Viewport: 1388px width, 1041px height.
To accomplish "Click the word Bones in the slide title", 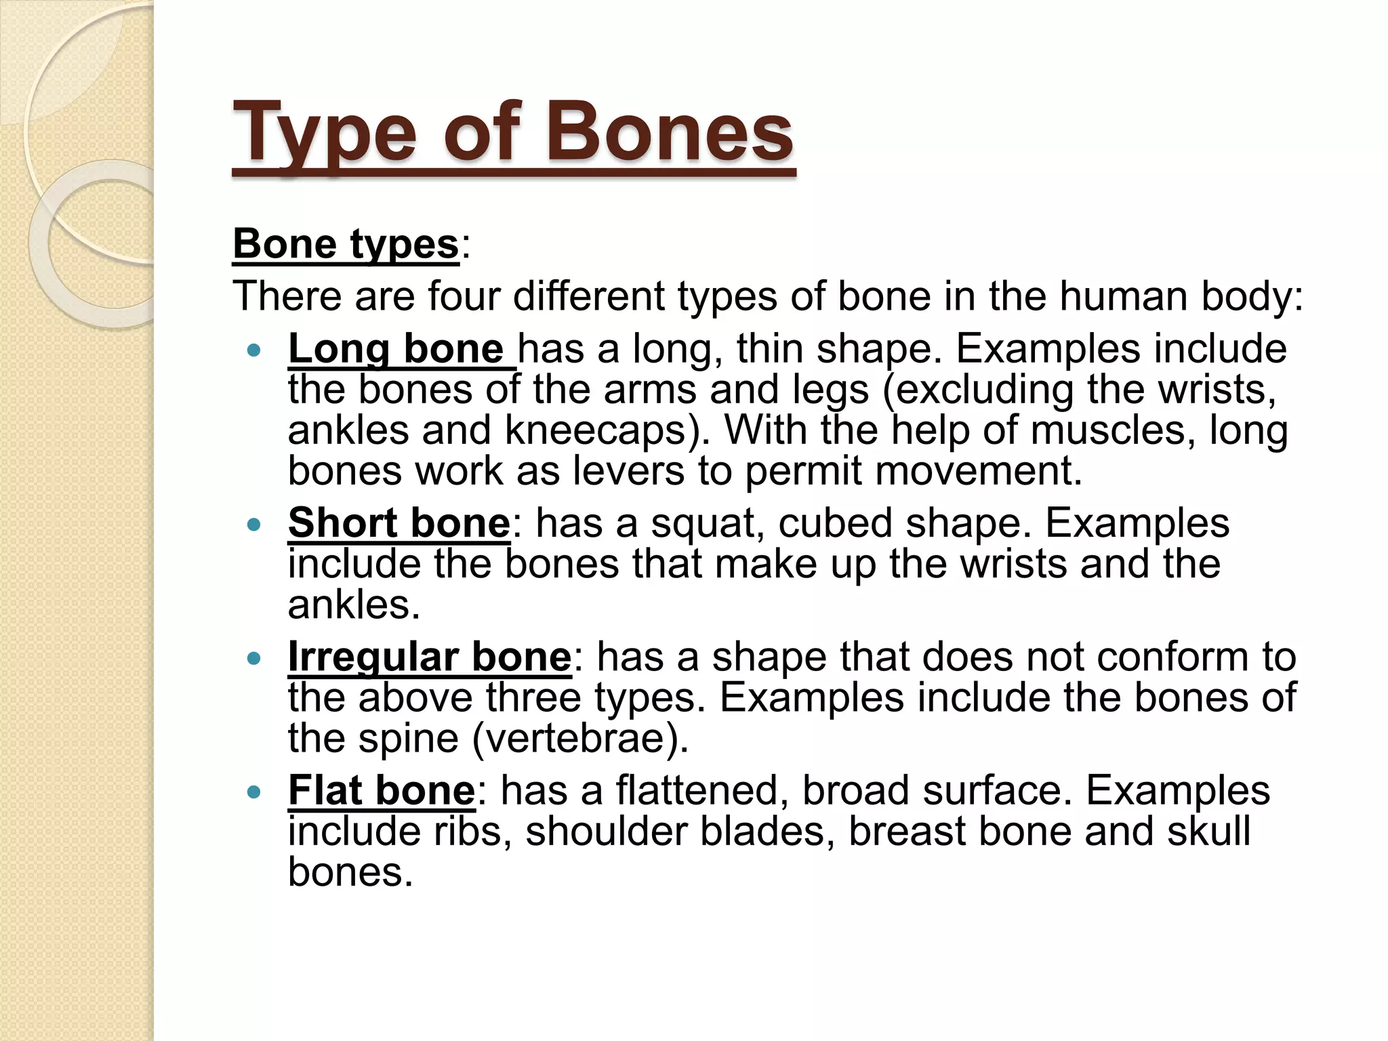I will point(670,131).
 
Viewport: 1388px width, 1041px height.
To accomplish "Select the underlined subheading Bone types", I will point(346,244).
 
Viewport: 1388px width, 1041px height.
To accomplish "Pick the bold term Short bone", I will point(399,523).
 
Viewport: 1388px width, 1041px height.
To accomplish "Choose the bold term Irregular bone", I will point(430,657).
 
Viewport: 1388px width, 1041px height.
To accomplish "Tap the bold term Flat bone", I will point(382,790).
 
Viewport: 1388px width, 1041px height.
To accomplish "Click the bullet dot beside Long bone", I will point(254,350).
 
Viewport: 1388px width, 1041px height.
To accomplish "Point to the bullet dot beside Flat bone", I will point(254,792).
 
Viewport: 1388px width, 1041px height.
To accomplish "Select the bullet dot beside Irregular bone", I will point(254,658).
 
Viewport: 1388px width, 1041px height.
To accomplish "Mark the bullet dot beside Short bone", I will point(254,525).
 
